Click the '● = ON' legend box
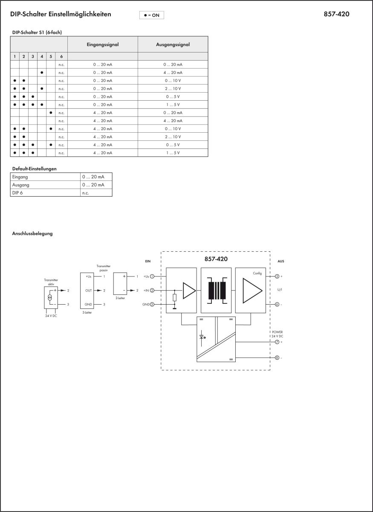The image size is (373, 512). point(151,15)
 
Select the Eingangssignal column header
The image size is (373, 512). point(102,44)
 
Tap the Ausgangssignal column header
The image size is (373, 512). point(173,44)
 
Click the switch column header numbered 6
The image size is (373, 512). point(61,56)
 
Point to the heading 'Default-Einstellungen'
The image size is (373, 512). point(34,169)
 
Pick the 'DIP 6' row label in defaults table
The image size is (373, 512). point(18,193)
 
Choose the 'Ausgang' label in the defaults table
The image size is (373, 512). point(21,185)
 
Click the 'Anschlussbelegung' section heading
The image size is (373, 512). point(32,233)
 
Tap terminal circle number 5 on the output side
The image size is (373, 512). point(277,276)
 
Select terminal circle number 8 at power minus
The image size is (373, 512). point(277,358)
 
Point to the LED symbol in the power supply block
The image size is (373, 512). point(202,337)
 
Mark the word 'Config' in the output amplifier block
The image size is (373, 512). point(257,273)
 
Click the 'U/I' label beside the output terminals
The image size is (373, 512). point(279,290)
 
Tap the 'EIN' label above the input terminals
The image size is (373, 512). point(148,261)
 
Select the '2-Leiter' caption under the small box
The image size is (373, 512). point(120,298)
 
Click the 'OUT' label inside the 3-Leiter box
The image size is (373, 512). point(88,290)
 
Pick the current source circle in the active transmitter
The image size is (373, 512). point(50,297)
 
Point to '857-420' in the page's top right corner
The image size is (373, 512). point(336,14)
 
